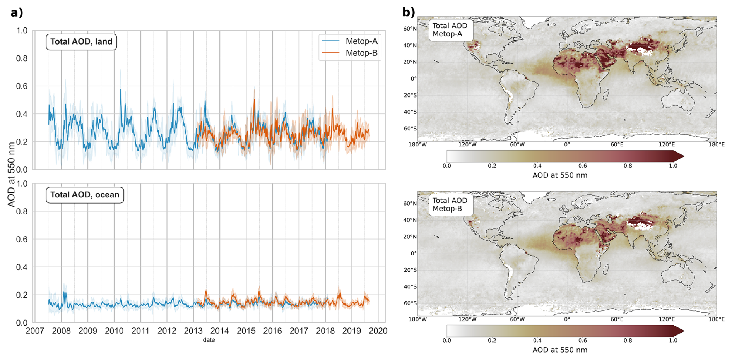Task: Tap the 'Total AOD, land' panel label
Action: tap(81, 42)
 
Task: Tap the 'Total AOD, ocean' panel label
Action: tap(85, 195)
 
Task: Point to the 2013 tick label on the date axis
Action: tap(193, 331)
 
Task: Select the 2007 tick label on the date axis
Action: tap(35, 331)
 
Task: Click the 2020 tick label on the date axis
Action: tap(378, 331)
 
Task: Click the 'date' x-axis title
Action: tap(209, 340)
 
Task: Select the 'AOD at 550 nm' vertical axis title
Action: tap(11, 174)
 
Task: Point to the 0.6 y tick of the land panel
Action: tap(22, 86)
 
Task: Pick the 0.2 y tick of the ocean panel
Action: tap(22, 295)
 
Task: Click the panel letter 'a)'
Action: tap(17, 13)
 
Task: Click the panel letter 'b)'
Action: tap(409, 12)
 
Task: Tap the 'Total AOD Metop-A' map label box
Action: tap(450, 30)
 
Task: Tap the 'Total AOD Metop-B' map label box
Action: tap(450, 204)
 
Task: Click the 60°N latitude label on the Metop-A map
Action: tap(410, 29)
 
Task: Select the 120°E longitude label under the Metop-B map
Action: tap(667, 319)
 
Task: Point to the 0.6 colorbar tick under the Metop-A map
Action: tap(582, 166)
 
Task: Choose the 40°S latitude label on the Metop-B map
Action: tap(410, 286)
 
